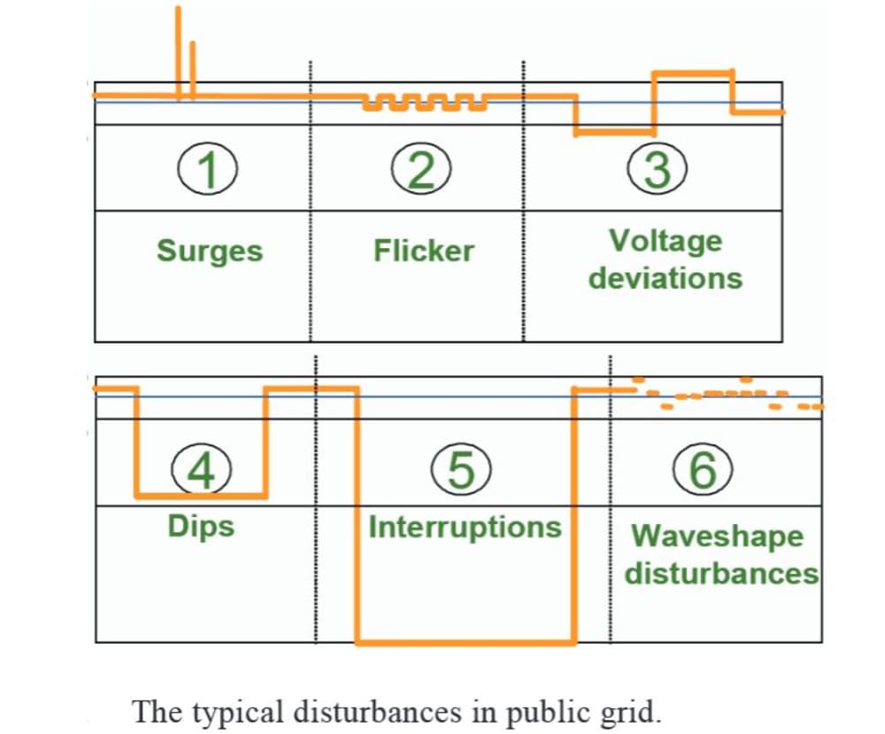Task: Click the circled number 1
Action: pos(208,169)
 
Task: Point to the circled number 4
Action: pos(203,470)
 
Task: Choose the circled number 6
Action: pos(701,469)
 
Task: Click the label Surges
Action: pos(210,251)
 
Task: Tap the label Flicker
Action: pos(423,251)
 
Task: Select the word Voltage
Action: pos(665,241)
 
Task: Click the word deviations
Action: pos(666,278)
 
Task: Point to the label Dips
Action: pos(201,527)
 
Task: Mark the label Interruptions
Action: pos(465,528)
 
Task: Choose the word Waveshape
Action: pos(717,537)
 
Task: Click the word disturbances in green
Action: pos(721,573)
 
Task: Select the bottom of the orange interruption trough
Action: pos(465,641)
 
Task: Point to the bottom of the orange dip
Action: pos(201,494)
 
